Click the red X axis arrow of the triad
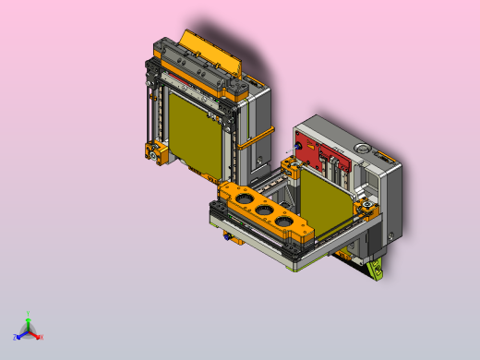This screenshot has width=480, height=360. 36,335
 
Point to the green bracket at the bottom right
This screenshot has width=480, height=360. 375,270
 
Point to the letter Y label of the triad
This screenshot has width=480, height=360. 29,313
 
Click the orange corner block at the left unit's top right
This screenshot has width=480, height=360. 238,90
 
